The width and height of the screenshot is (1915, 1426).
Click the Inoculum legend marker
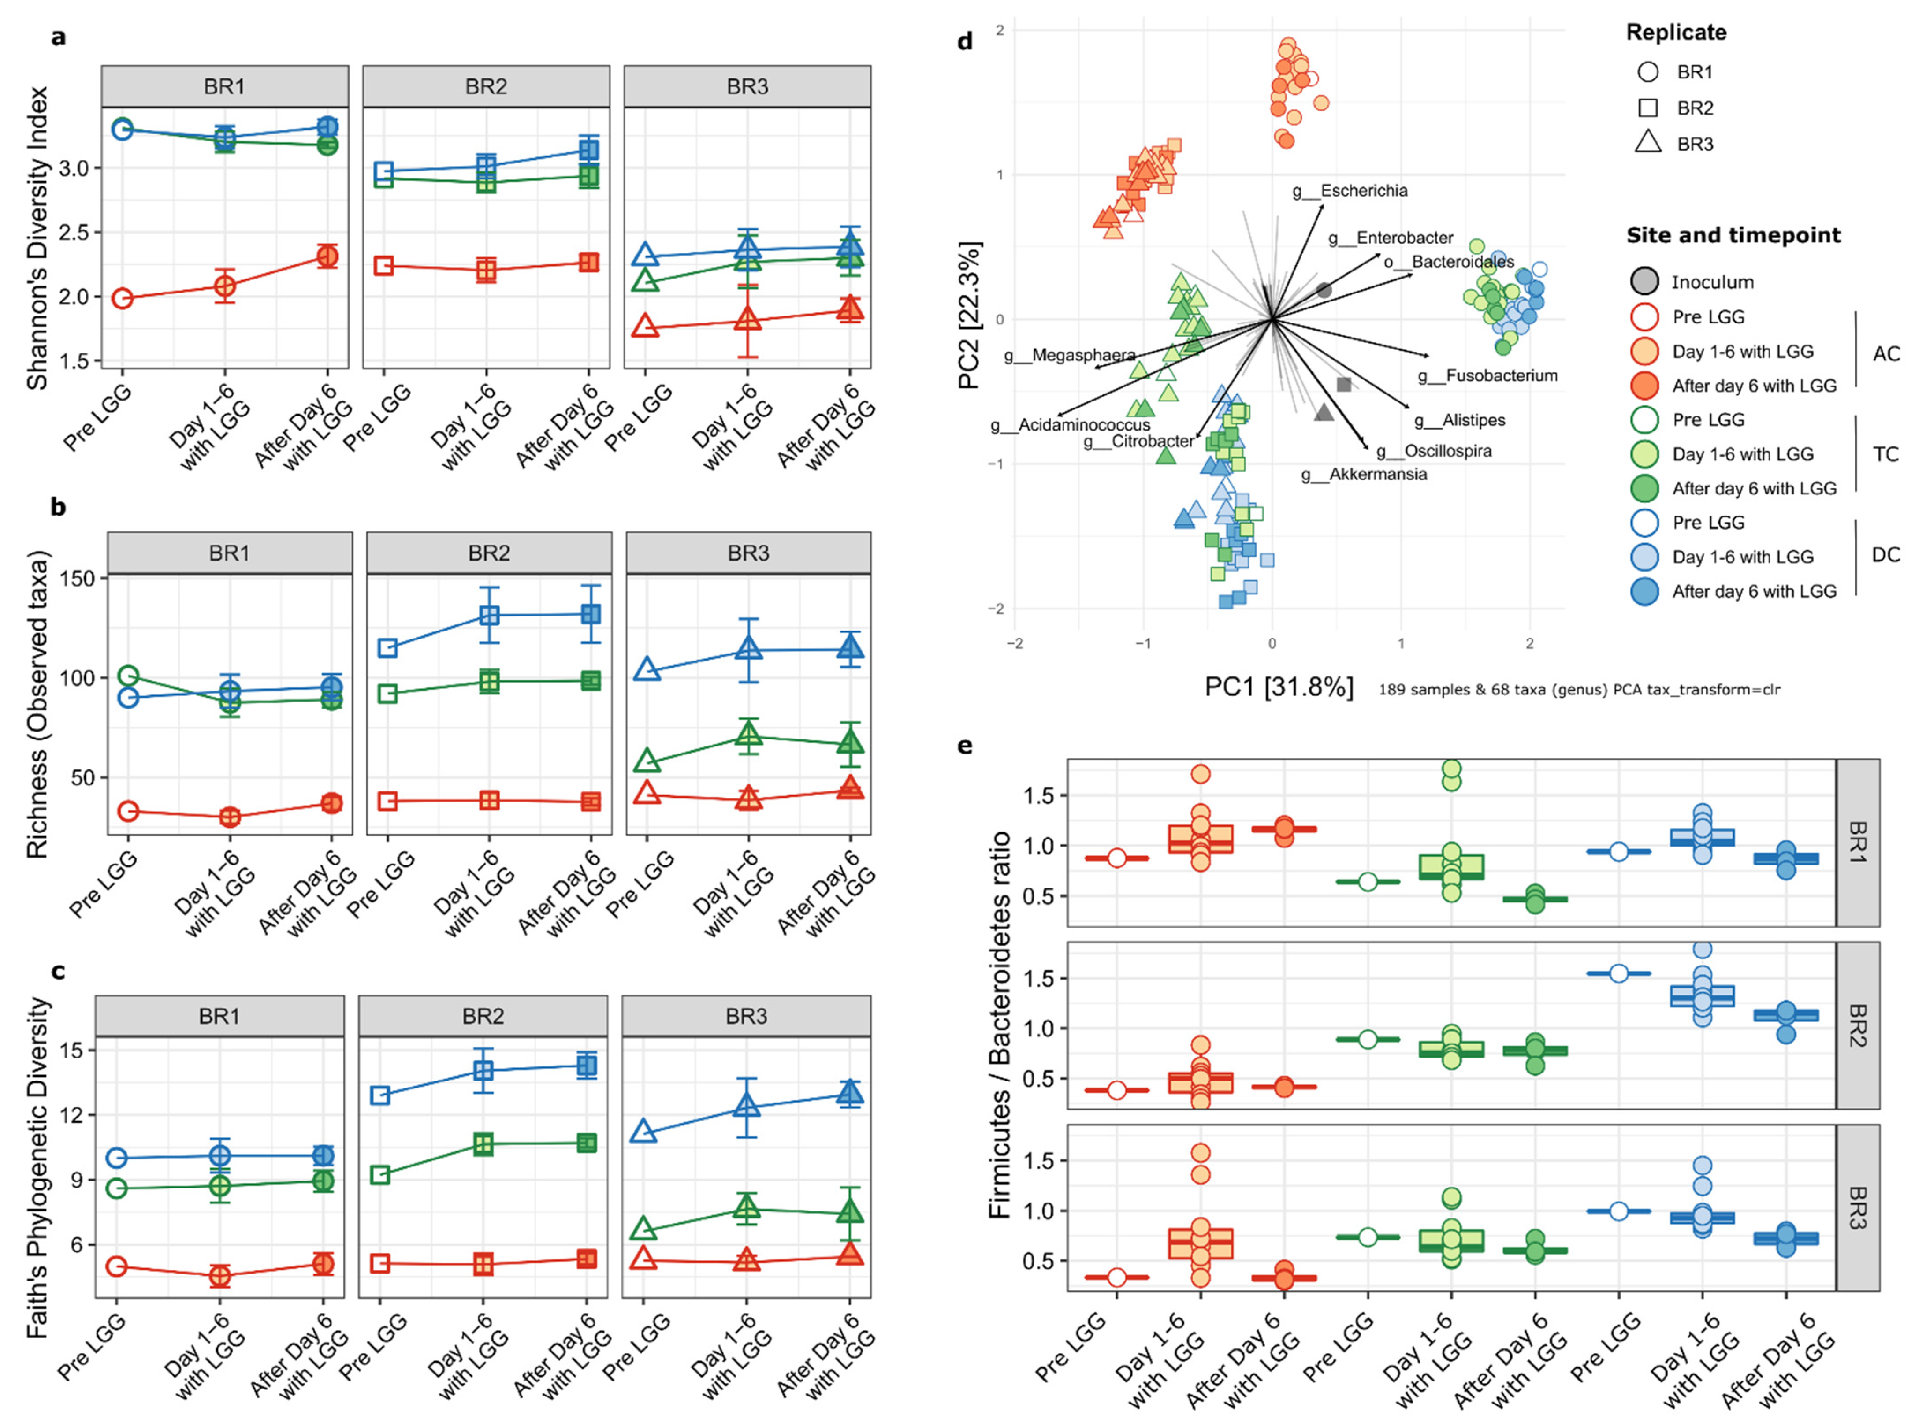1644,282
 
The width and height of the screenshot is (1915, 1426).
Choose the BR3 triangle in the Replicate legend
1647,142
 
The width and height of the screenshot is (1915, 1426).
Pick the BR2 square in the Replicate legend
1647,108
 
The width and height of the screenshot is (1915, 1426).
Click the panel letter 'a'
58,36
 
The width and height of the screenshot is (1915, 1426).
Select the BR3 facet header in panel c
746,1016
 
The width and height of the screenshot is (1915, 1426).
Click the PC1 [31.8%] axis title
1279,687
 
